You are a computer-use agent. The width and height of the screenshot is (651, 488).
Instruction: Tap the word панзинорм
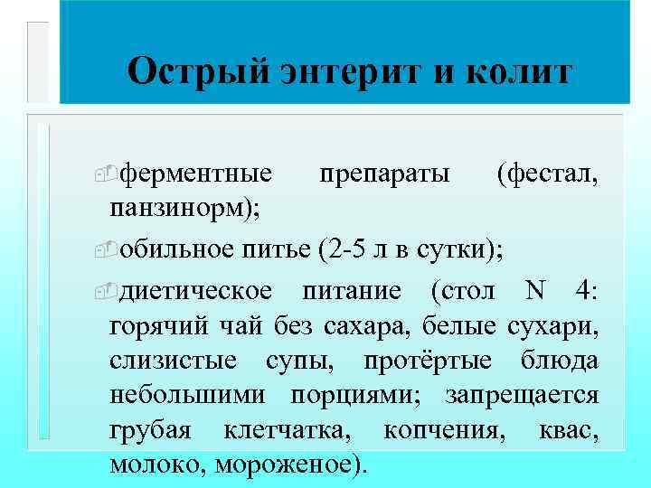(180, 208)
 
